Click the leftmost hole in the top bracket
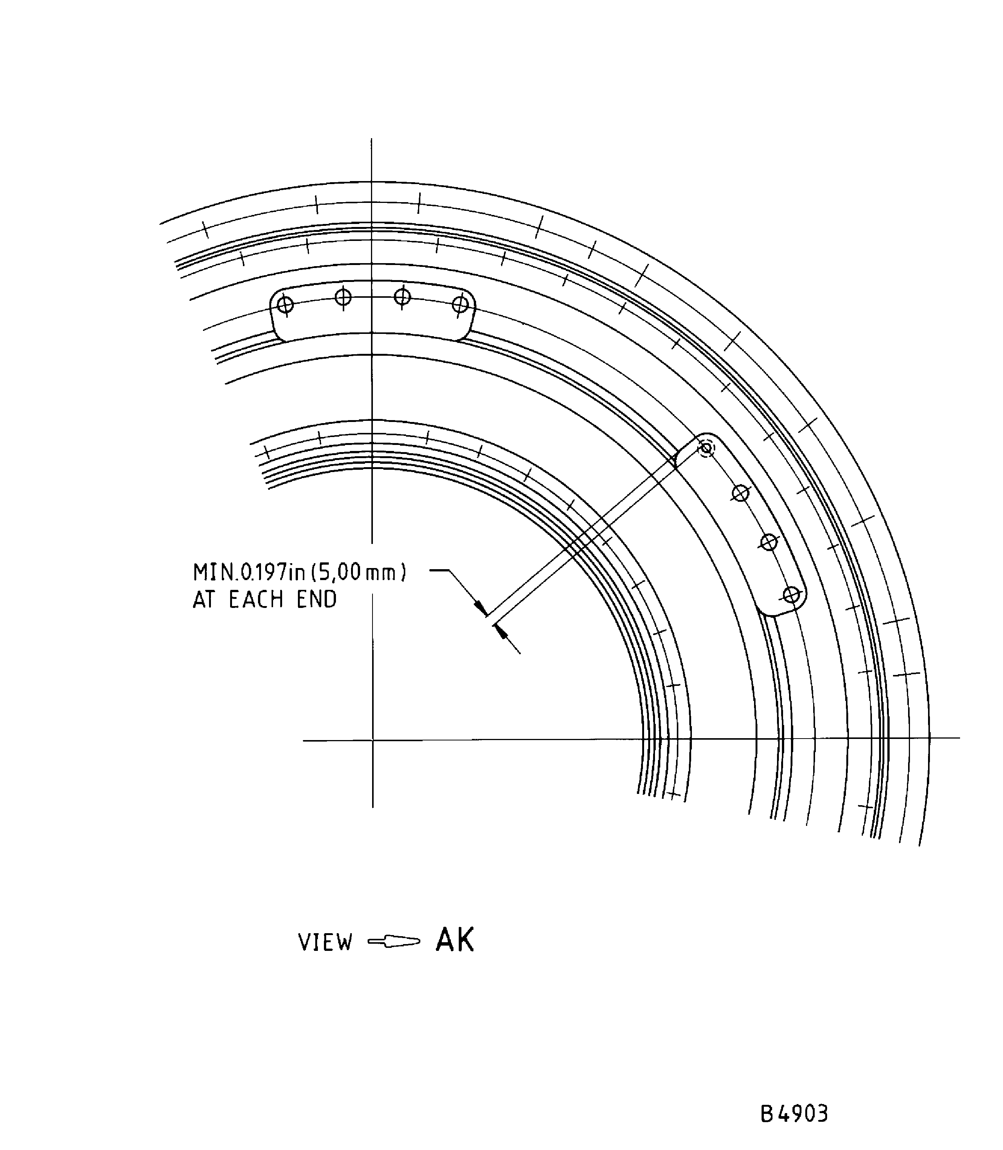285,305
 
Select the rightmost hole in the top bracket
460,305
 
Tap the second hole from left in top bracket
343,297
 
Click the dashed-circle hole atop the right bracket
706,448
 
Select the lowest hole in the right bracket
791,595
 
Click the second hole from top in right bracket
740,494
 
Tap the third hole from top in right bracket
769,542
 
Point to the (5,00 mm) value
358,573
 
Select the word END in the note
317,600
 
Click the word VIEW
325,943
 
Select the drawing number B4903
794,1098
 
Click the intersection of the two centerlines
372,740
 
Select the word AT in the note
204,600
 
